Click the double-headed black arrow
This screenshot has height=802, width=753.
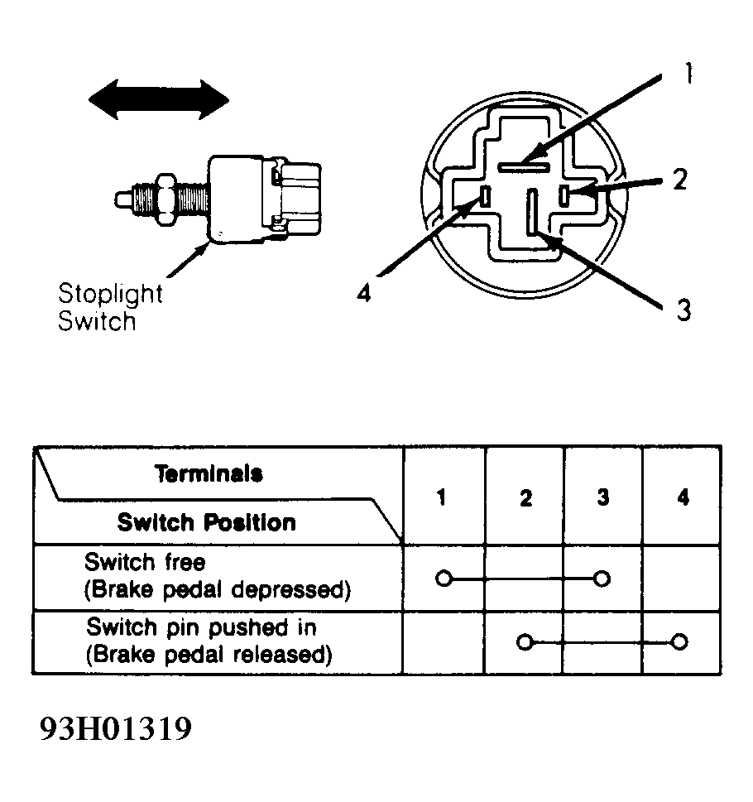click(159, 99)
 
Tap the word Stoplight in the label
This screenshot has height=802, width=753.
click(110, 294)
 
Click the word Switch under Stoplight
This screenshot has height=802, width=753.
click(97, 321)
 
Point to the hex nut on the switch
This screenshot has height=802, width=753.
click(166, 199)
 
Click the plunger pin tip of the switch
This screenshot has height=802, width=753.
click(122, 199)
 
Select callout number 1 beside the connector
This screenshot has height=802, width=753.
click(688, 73)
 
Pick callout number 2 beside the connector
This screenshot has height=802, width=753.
click(680, 179)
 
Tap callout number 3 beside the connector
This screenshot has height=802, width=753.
click(683, 310)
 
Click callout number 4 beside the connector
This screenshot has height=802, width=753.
click(363, 294)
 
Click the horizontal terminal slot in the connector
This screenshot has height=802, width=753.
click(524, 167)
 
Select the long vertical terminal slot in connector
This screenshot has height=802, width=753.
click(532, 212)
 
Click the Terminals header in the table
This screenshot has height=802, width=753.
click(209, 473)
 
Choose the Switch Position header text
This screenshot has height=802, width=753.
click(207, 523)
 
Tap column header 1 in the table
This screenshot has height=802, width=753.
click(442, 497)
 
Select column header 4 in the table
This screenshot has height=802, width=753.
click(683, 497)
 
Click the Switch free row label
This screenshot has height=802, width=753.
click(145, 562)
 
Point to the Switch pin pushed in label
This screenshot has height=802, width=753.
click(201, 627)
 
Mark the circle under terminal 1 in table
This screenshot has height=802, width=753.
click(444, 579)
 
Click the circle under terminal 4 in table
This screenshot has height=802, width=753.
click(679, 641)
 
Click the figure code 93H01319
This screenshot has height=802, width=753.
click(116, 728)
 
